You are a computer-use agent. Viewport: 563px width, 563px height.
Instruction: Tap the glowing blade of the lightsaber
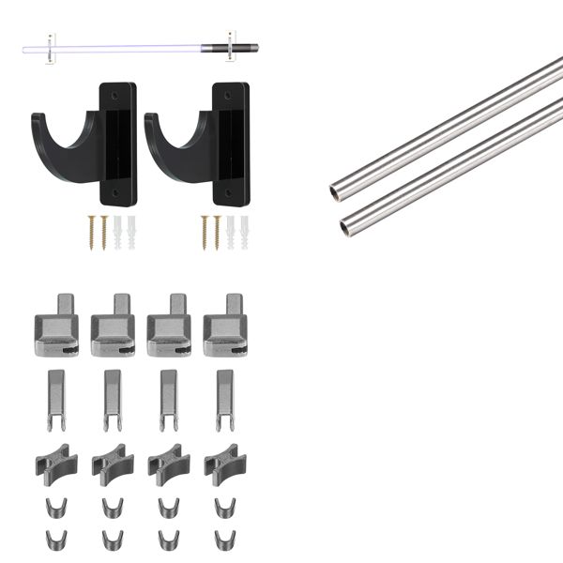click(131, 46)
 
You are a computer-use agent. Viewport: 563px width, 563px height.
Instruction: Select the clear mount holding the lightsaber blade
click(54, 46)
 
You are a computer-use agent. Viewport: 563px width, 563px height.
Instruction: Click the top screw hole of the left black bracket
click(115, 96)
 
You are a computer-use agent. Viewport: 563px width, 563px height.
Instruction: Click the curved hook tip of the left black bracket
click(38, 120)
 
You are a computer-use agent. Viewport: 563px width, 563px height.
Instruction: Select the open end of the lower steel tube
click(346, 225)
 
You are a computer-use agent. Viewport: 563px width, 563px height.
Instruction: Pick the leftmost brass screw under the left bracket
click(92, 232)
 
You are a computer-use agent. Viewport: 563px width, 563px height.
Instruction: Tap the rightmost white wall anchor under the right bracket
click(244, 232)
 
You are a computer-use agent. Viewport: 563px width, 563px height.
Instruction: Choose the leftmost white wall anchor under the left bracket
click(117, 232)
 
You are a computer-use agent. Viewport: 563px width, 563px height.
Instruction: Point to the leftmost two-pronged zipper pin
click(55, 398)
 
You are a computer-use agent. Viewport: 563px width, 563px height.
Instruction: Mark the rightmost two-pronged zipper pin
click(224, 398)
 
